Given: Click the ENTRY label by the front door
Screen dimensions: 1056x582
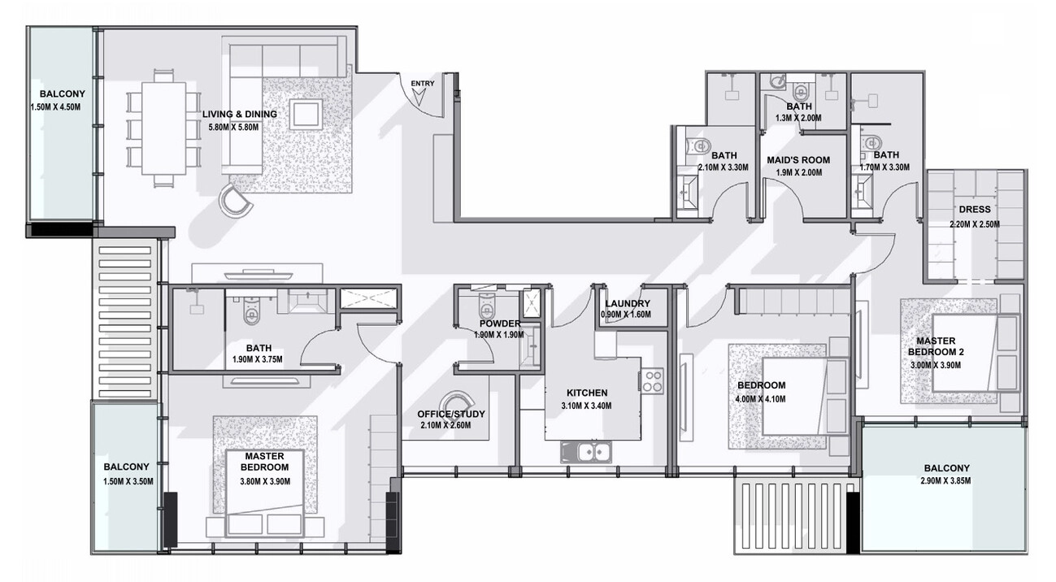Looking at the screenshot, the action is pos(423,84).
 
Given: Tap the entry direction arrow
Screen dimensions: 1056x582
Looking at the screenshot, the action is pos(419,98).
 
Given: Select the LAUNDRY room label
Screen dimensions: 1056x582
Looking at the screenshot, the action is pos(628,303).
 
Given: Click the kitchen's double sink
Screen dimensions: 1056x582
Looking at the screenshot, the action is pos(586,453).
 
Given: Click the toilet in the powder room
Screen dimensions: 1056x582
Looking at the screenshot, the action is pos(486,306).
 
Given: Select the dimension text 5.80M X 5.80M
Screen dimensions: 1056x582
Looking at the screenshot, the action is pos(233,127).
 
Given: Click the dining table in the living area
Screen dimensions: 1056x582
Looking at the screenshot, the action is pos(163,128).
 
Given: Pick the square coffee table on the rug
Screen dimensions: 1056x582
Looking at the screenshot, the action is pos(306,114).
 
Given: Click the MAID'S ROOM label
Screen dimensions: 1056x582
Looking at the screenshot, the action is pos(798,160).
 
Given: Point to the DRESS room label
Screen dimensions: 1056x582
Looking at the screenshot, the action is pos(975,209).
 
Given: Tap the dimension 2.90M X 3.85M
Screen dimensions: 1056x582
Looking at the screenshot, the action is pos(946,480).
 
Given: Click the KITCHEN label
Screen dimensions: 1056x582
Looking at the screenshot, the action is pos(587,393).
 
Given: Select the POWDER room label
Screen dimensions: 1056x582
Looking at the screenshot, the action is pos(500,324).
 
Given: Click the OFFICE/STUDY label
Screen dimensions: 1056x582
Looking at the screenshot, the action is pos(451,415).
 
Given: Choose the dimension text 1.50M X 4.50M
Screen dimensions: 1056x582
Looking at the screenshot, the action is pos(55,107).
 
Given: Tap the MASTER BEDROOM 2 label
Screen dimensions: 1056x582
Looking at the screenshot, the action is pos(936,346).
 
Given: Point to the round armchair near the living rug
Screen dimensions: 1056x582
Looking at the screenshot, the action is pos(236,200).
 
